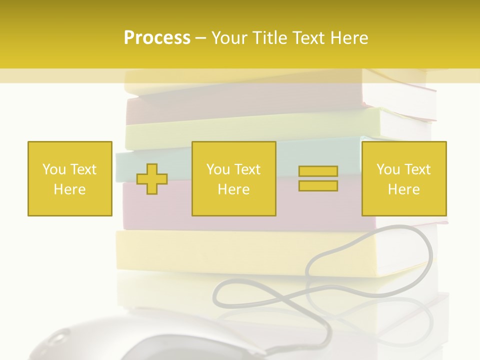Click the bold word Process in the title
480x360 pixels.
[157, 38]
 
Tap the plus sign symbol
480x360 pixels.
[152, 178]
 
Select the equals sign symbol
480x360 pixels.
[318, 178]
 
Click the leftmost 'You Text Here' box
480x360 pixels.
[70, 178]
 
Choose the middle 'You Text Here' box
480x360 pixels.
[233, 178]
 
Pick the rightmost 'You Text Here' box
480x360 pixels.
[404, 178]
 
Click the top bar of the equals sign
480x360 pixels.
[318, 171]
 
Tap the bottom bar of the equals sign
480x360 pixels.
[318, 185]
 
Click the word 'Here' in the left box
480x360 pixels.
[70, 189]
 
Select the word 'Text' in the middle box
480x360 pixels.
[247, 169]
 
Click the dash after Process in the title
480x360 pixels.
[200, 38]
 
